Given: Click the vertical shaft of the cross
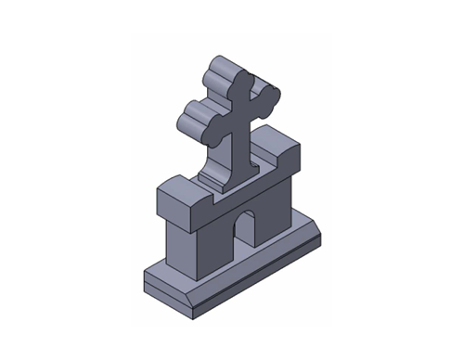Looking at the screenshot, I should [x=244, y=139].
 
